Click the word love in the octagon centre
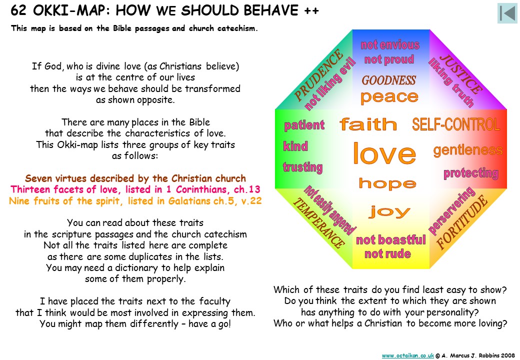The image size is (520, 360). [384, 153]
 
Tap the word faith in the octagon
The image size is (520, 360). [368, 124]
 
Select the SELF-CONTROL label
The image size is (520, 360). [456, 124]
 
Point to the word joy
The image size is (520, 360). [389, 211]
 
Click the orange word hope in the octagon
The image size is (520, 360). [387, 183]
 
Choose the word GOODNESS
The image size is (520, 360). [388, 80]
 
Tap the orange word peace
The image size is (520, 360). [389, 97]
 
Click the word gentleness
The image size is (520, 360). [468, 150]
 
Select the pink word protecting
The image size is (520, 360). [471, 173]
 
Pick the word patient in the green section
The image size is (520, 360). [304, 125]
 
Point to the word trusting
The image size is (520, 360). [303, 167]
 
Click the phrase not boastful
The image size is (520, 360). [390, 240]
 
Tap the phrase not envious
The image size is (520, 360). [390, 45]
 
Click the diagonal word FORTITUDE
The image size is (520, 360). [462, 222]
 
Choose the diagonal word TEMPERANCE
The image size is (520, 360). [318, 223]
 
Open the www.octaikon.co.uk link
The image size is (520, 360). [408, 355]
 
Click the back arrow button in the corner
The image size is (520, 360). [507, 13]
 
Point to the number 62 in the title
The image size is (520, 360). [18, 10]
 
